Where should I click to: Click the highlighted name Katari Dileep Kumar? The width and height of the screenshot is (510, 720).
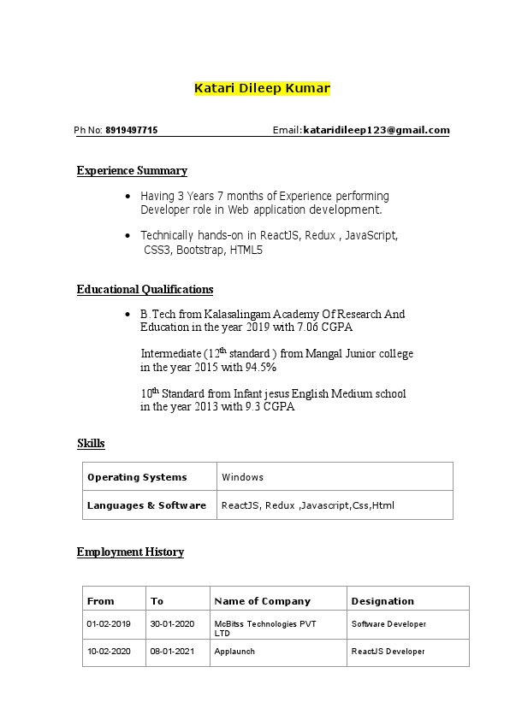[x=262, y=88]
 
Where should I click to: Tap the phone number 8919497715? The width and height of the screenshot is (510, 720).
[x=132, y=131]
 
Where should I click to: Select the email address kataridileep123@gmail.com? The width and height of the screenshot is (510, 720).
[x=377, y=131]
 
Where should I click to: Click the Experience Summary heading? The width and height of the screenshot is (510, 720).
[x=132, y=170]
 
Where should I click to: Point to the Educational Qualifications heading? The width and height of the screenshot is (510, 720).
[x=145, y=289]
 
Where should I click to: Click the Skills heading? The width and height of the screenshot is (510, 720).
[x=91, y=443]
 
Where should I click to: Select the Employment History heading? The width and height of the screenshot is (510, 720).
[x=130, y=552]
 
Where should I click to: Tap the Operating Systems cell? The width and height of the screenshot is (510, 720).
[x=137, y=477]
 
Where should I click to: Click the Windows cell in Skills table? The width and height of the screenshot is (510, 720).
[x=242, y=477]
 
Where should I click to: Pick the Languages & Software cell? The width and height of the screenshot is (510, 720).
[x=146, y=505]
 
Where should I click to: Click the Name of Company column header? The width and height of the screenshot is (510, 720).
[x=262, y=601]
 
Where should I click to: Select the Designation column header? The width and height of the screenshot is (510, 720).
[x=382, y=601]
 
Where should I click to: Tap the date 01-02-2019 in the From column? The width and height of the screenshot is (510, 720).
[x=109, y=624]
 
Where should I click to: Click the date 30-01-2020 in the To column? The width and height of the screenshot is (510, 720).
[x=172, y=624]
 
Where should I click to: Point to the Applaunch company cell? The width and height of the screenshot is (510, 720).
[x=234, y=652]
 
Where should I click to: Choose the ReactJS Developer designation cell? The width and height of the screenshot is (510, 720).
[x=388, y=652]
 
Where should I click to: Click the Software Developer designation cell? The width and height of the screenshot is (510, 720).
[x=388, y=624]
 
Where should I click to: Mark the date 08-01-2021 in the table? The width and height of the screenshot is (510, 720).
[x=172, y=652]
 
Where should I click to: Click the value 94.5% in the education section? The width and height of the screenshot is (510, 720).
[x=261, y=367]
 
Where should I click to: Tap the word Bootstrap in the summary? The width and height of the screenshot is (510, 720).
[x=200, y=251]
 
